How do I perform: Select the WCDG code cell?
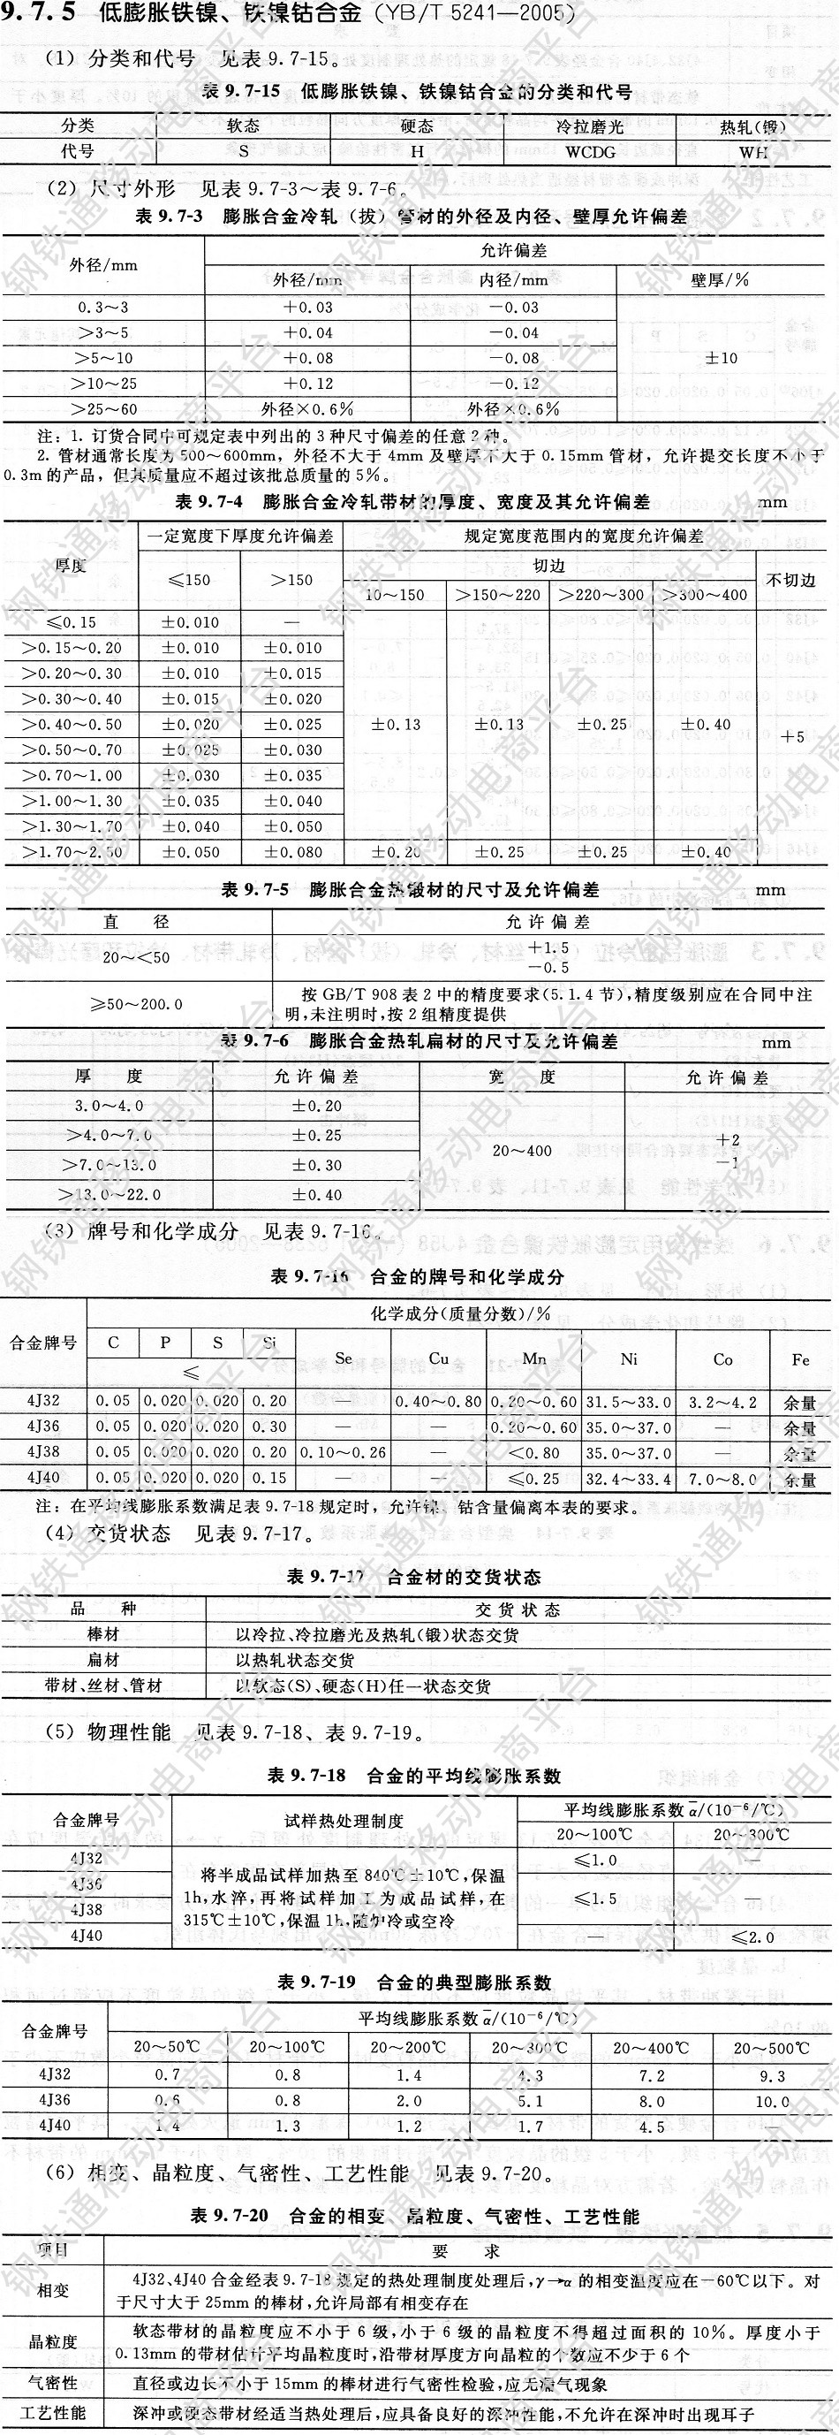click(x=591, y=150)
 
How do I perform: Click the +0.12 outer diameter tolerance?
click(x=309, y=384)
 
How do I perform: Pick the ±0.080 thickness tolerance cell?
click(x=293, y=852)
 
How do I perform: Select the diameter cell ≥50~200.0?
click(x=137, y=1004)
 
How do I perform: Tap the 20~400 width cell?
click(x=522, y=1151)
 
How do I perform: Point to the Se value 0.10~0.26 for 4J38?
click(x=343, y=1453)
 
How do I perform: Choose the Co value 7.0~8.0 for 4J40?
click(x=722, y=1479)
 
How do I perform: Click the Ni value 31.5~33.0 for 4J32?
click(x=629, y=1402)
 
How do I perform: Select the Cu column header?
click(x=438, y=1358)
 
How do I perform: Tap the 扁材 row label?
click(x=104, y=1660)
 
